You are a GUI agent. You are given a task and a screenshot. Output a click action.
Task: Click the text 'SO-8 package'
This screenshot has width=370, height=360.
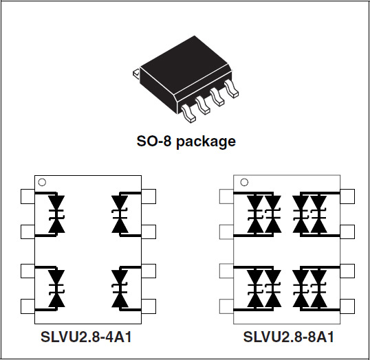click(186, 142)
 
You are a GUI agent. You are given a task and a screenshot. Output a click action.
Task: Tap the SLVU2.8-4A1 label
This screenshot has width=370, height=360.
click(86, 337)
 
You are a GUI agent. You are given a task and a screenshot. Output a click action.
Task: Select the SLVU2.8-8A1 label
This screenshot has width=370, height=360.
click(289, 337)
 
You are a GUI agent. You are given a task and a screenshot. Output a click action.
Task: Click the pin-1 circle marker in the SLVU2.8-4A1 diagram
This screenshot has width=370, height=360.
click(42, 183)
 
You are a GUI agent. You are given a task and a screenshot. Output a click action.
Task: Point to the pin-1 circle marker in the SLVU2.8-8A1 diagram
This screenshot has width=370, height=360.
click(244, 183)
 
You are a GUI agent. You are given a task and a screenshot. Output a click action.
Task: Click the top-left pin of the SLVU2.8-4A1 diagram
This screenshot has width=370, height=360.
click(28, 196)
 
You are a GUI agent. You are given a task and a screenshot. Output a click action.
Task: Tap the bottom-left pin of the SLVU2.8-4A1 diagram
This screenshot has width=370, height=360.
click(28, 306)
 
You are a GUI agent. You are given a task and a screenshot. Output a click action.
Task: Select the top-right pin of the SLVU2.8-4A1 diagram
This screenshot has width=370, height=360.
click(149, 196)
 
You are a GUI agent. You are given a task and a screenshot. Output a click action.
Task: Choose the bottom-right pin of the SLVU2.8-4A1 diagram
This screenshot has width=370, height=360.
click(149, 306)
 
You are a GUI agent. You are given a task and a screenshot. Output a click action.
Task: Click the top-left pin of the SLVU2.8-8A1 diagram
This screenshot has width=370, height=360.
click(226, 196)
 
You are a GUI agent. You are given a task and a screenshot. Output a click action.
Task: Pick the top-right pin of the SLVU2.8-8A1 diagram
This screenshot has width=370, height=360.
click(347, 196)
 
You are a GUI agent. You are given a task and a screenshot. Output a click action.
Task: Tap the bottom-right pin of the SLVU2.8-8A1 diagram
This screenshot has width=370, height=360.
click(347, 306)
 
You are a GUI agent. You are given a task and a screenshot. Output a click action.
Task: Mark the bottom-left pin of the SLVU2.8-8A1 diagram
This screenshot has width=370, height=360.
click(226, 306)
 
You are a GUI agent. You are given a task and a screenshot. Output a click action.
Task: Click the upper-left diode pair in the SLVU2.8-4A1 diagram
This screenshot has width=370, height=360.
click(56, 214)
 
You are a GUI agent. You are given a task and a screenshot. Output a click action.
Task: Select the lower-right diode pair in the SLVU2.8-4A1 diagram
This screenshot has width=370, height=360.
click(120, 289)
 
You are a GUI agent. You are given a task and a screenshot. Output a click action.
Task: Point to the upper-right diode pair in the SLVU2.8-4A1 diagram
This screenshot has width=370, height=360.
click(120, 214)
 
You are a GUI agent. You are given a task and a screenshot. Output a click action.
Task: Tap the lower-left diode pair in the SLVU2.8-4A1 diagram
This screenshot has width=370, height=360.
click(56, 289)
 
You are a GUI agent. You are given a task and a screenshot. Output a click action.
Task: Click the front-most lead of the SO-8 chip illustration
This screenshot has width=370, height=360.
click(188, 113)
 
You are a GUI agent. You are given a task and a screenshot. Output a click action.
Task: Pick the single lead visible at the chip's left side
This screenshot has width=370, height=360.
click(136, 74)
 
